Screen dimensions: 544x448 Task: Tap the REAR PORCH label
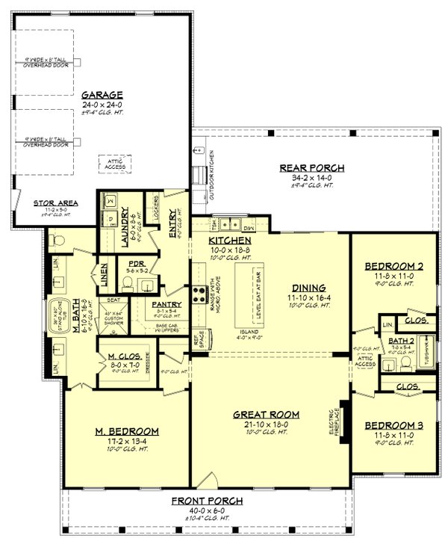tap(312, 168)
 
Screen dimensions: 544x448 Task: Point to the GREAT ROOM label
tap(267, 414)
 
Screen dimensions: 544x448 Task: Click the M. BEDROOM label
tap(127, 431)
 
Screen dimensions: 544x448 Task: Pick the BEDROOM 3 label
tap(393, 425)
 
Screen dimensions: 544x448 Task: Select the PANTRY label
tap(167, 305)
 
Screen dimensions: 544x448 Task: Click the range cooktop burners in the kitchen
tap(199, 294)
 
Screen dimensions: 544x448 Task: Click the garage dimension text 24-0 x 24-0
tap(102, 105)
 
